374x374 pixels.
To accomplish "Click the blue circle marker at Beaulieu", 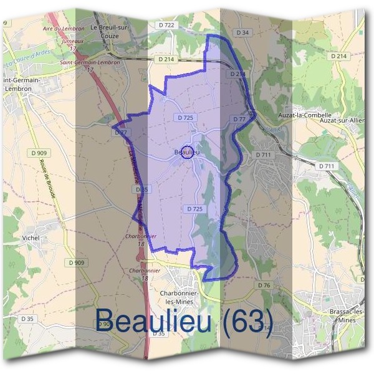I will point(186,153).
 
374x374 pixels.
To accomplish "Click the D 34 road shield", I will point(242,32).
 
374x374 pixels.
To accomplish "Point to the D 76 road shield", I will point(264,285).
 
